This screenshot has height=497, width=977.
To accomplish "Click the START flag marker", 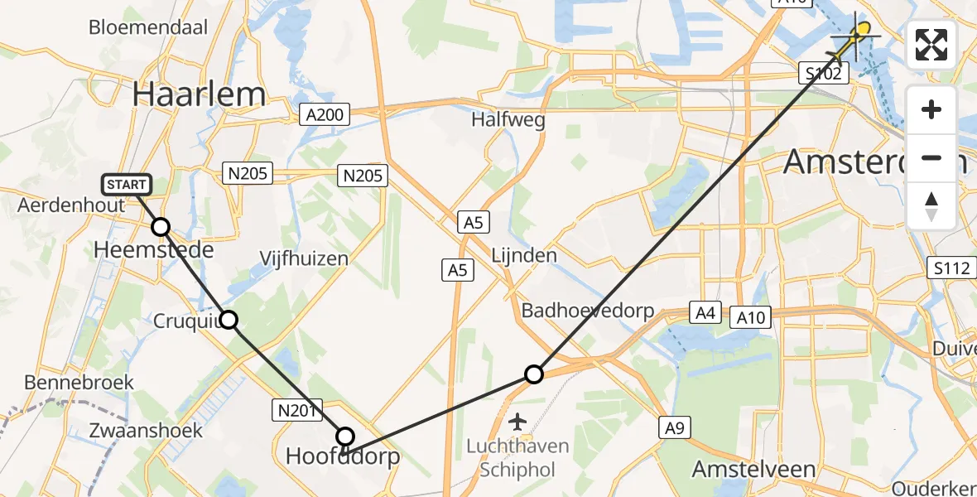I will point(126,184).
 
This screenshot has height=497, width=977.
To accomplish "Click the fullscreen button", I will point(931,45).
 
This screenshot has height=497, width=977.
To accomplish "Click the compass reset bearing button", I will point(931,206).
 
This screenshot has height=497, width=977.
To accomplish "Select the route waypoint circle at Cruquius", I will point(229,319).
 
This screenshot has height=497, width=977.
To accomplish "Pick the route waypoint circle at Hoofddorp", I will point(345,437).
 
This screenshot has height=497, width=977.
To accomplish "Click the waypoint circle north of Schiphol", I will point(534,374).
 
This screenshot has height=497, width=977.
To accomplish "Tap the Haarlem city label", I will point(199,95).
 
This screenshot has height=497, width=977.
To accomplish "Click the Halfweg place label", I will point(508,120).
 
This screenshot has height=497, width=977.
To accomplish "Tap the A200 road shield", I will point(324,114).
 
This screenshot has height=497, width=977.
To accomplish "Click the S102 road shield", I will point(824,74).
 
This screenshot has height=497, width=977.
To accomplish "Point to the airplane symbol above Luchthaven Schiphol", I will point(518,422).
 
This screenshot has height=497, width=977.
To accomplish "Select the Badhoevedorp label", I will point(588,311).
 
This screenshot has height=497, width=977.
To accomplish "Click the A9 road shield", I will point(675,427).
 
